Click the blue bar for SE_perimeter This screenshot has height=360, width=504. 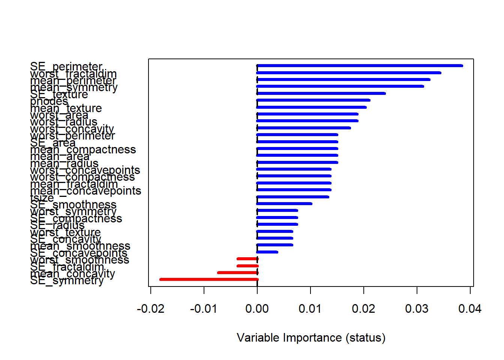pyautogui.click(x=360, y=66)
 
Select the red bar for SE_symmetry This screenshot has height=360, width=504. pyautogui.click(x=209, y=279)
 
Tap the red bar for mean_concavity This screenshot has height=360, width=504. pyautogui.click(x=238, y=273)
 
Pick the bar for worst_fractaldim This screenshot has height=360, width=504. pyautogui.click(x=349, y=73)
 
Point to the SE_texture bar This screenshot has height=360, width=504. pyautogui.click(x=321, y=93)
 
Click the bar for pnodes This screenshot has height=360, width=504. pyautogui.click(x=313, y=100)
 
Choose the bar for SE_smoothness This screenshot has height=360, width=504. pyautogui.click(x=284, y=204)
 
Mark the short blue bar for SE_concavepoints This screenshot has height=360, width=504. pyautogui.click(x=267, y=252)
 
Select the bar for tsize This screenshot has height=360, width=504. pyautogui.click(x=293, y=197)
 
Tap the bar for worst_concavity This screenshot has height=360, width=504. pyautogui.click(x=304, y=128)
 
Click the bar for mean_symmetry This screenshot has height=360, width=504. pyautogui.click(x=340, y=86)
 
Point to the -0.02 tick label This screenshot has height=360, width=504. pyautogui.click(x=150, y=309)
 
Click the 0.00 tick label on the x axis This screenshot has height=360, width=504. pyautogui.click(x=257, y=309)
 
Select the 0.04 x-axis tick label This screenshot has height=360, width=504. pyautogui.click(x=470, y=309)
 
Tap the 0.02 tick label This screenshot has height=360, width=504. pyautogui.click(x=363, y=309)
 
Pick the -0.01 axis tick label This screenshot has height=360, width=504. pyautogui.click(x=204, y=309)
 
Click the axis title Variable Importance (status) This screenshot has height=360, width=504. pyautogui.click(x=311, y=337)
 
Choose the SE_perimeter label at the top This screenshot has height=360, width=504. pyautogui.click(x=66, y=67)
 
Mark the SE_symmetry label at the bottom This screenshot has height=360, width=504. pyautogui.click(x=67, y=280)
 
